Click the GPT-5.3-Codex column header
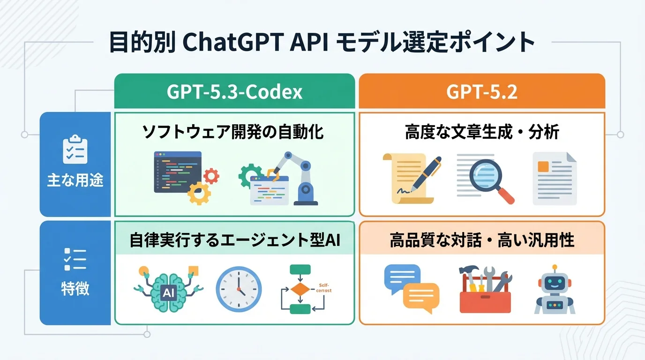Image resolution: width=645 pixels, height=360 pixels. click(234, 92)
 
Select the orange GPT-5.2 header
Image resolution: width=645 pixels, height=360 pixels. click(482, 92)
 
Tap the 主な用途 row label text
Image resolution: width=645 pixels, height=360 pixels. click(75, 181)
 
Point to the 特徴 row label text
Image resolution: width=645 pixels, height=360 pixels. click(75, 288)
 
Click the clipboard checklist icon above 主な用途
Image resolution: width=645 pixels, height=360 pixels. click(75, 149)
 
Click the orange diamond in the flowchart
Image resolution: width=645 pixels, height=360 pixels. click(300, 289)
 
